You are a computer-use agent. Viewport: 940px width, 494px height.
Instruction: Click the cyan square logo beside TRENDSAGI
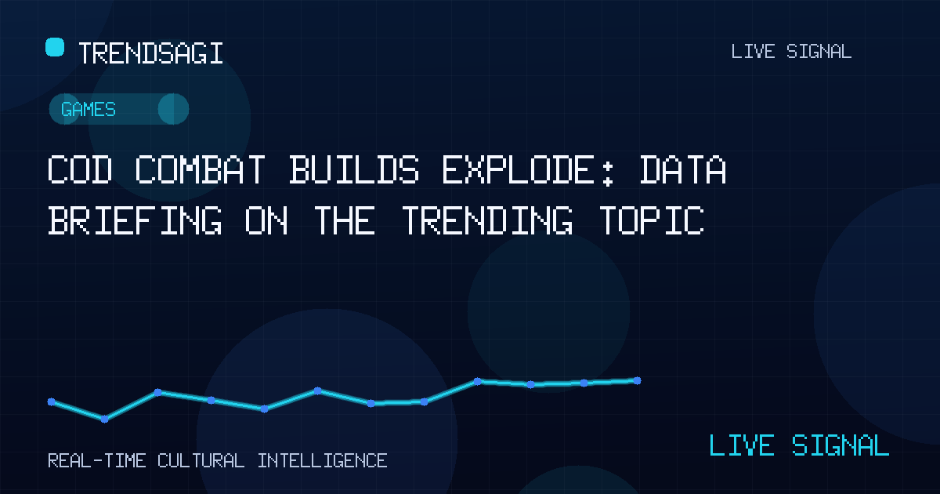point(55,47)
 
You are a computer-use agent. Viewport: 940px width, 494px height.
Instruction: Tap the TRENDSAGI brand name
point(150,53)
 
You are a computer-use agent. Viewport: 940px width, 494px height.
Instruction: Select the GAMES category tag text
point(88,109)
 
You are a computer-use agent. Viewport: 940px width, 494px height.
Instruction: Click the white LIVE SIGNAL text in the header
point(791,52)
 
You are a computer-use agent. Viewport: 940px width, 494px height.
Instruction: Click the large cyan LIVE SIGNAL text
point(799,445)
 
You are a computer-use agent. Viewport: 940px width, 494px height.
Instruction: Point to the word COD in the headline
point(80,169)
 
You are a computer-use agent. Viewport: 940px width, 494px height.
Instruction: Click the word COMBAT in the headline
point(201,169)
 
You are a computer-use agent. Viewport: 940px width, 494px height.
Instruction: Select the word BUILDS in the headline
point(354,169)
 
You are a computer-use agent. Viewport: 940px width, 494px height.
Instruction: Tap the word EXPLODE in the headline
point(518,169)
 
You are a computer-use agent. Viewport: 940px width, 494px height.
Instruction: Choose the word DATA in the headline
point(683,169)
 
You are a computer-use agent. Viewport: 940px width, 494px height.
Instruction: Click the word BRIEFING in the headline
point(135,220)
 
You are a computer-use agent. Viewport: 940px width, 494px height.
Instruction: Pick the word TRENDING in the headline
point(487,220)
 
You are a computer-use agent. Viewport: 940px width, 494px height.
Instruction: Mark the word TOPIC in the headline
point(652,220)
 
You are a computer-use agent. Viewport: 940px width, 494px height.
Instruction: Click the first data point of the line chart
point(51,402)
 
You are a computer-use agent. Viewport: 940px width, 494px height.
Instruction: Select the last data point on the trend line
point(637,380)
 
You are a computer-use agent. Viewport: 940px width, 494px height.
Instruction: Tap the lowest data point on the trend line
point(104,419)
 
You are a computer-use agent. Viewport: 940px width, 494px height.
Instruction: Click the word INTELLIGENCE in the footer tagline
point(322,461)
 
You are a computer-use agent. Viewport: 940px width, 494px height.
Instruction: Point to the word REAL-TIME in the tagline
point(97,461)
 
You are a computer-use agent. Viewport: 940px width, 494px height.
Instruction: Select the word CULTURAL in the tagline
point(201,461)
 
